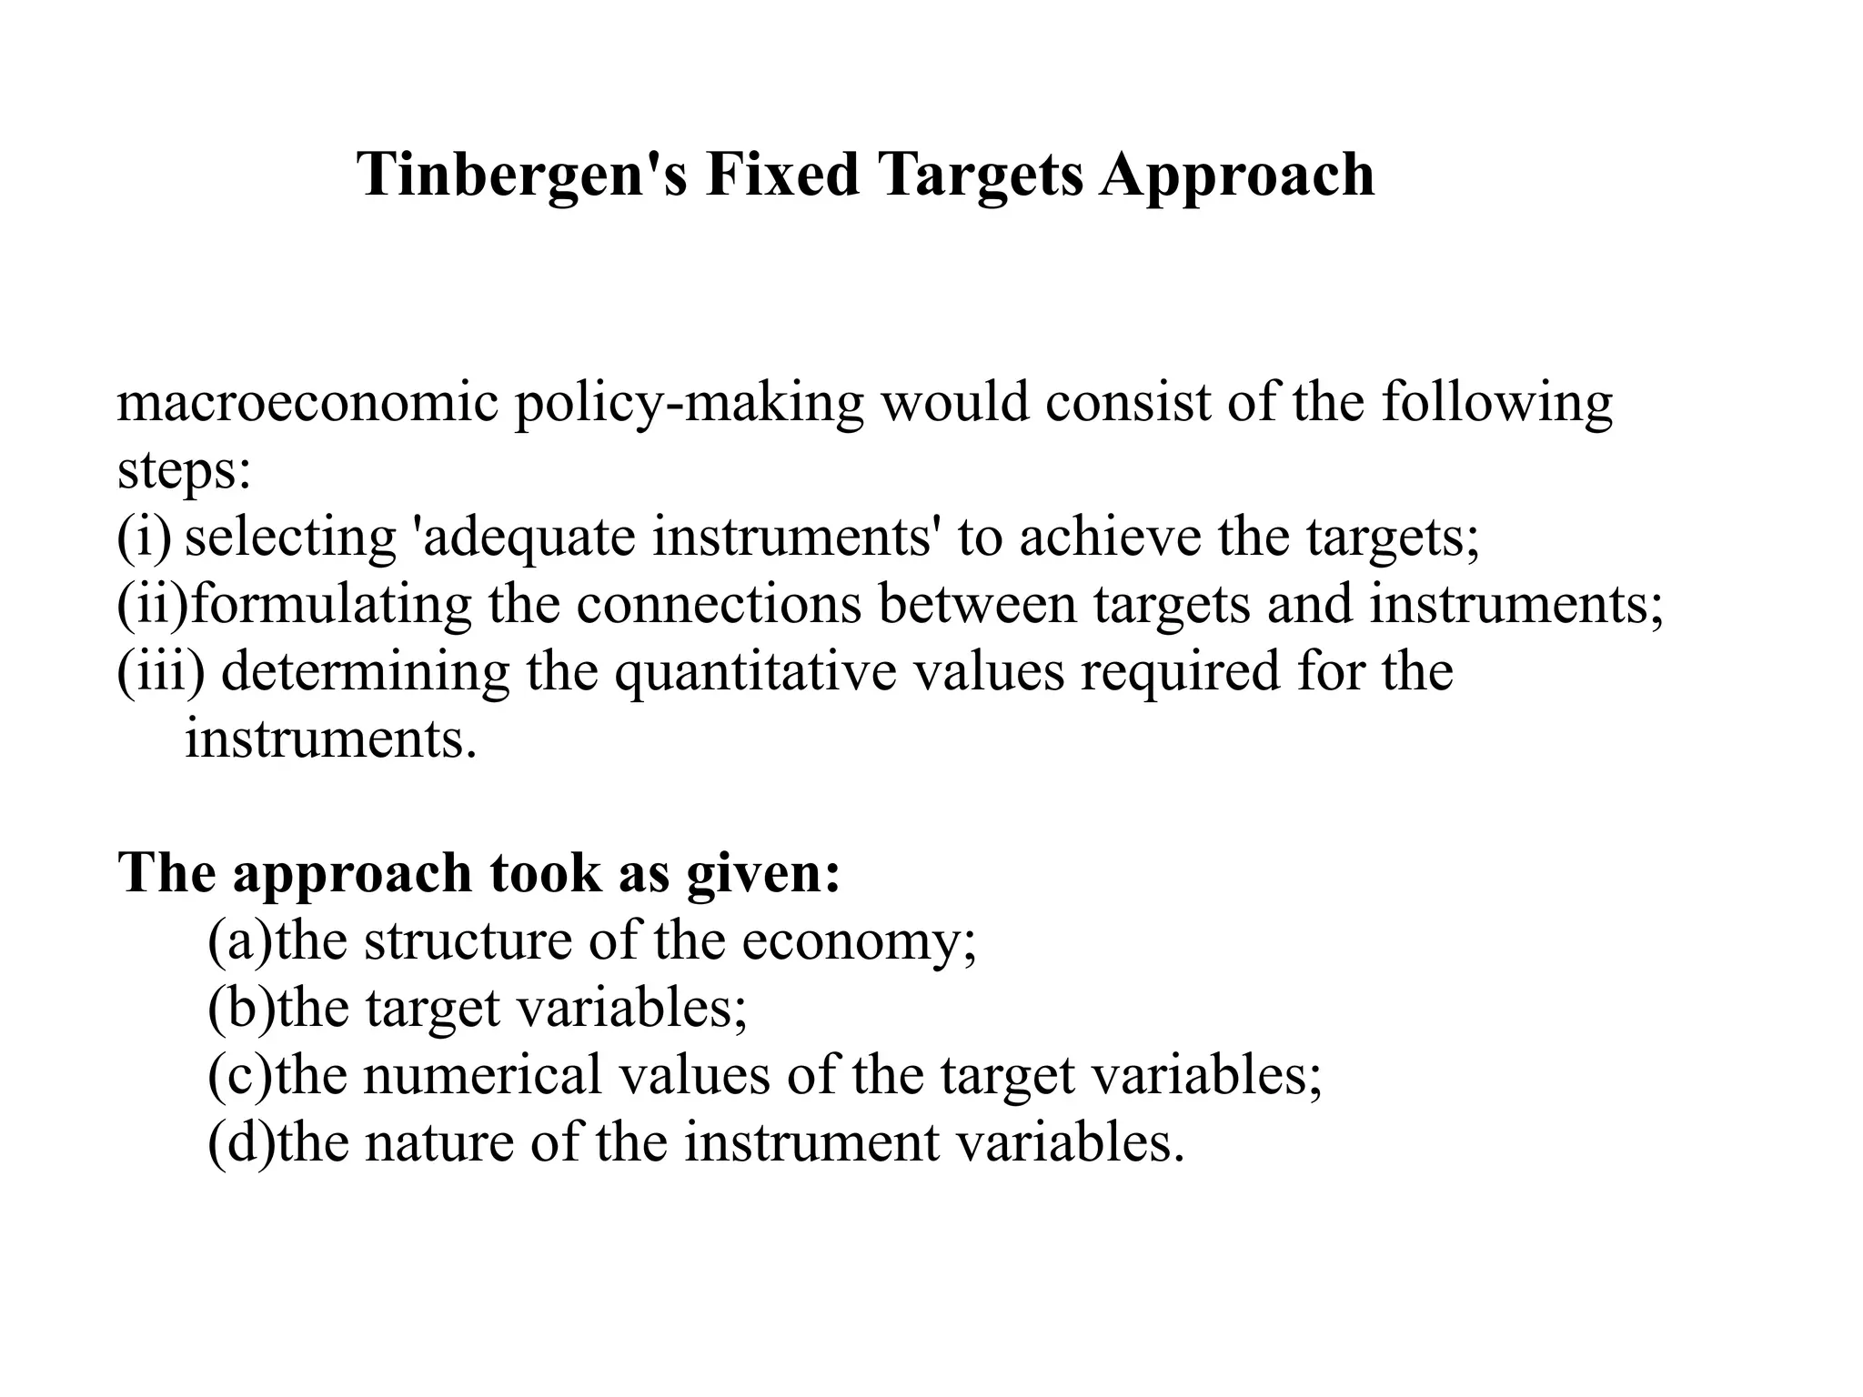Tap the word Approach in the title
[x=1237, y=176]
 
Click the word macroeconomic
[x=307, y=402]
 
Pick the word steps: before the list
[x=184, y=471]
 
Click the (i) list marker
[x=144, y=538]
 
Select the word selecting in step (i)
[x=290, y=538]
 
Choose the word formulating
[x=331, y=605]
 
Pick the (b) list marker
[x=240, y=1008]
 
